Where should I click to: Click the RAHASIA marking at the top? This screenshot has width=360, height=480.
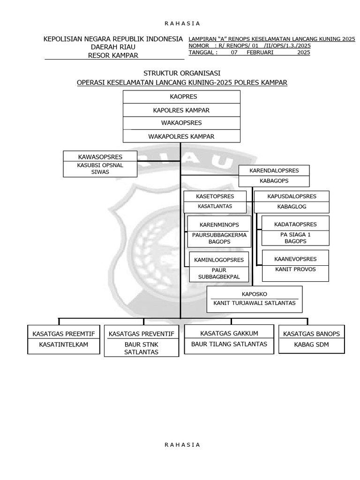(x=182, y=23)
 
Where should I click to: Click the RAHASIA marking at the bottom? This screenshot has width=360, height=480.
(x=182, y=444)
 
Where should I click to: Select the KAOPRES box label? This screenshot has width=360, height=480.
(x=181, y=97)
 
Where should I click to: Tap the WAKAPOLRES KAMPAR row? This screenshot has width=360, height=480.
(x=181, y=136)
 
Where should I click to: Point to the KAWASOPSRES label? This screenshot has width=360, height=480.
(x=100, y=157)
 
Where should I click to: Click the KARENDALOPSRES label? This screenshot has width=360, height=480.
(x=274, y=171)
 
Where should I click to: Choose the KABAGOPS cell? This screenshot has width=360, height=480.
(x=274, y=181)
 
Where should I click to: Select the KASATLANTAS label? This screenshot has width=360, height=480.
(x=215, y=206)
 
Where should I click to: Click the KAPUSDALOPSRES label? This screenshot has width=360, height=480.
(x=292, y=196)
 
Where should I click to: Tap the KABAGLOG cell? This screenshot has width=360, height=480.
(x=292, y=207)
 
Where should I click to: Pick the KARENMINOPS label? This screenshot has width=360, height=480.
(x=219, y=224)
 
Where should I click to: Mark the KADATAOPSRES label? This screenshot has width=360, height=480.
(x=295, y=224)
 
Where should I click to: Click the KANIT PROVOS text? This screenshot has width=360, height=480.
(x=295, y=269)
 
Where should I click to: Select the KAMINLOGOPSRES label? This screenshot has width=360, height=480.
(x=219, y=259)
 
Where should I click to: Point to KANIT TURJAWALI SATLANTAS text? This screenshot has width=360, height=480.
(x=255, y=303)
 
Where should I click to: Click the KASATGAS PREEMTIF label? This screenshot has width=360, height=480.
(x=63, y=334)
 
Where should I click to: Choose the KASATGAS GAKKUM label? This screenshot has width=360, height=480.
(x=229, y=333)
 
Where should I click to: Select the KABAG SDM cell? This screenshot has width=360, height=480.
(x=311, y=345)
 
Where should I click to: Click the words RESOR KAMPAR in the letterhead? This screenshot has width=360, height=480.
(x=113, y=55)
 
